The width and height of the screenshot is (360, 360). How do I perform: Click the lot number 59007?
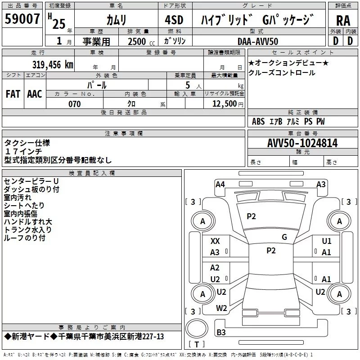22,19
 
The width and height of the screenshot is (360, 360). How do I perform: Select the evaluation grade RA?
343,21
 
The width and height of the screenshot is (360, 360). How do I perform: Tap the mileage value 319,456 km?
53,65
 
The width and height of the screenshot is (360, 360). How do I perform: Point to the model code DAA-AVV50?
257,41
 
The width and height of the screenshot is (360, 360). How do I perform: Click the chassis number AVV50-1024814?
302,143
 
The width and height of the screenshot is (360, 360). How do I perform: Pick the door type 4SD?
174,20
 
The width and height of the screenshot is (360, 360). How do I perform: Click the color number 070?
75,104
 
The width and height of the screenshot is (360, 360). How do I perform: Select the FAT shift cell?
13,94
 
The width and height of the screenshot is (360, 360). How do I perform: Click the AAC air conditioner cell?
35,94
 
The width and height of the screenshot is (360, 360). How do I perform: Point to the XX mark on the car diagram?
215,241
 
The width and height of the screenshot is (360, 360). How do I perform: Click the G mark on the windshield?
284,237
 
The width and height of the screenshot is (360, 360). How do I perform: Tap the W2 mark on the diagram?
221,308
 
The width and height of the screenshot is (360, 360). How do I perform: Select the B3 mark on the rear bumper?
221,332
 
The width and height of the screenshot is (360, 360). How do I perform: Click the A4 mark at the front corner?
220,184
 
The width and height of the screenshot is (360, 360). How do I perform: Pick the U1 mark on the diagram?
327,241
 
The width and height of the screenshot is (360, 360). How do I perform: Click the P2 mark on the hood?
251,216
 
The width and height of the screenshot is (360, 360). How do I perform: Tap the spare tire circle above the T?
197,328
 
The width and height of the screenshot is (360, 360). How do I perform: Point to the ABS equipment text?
258,121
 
